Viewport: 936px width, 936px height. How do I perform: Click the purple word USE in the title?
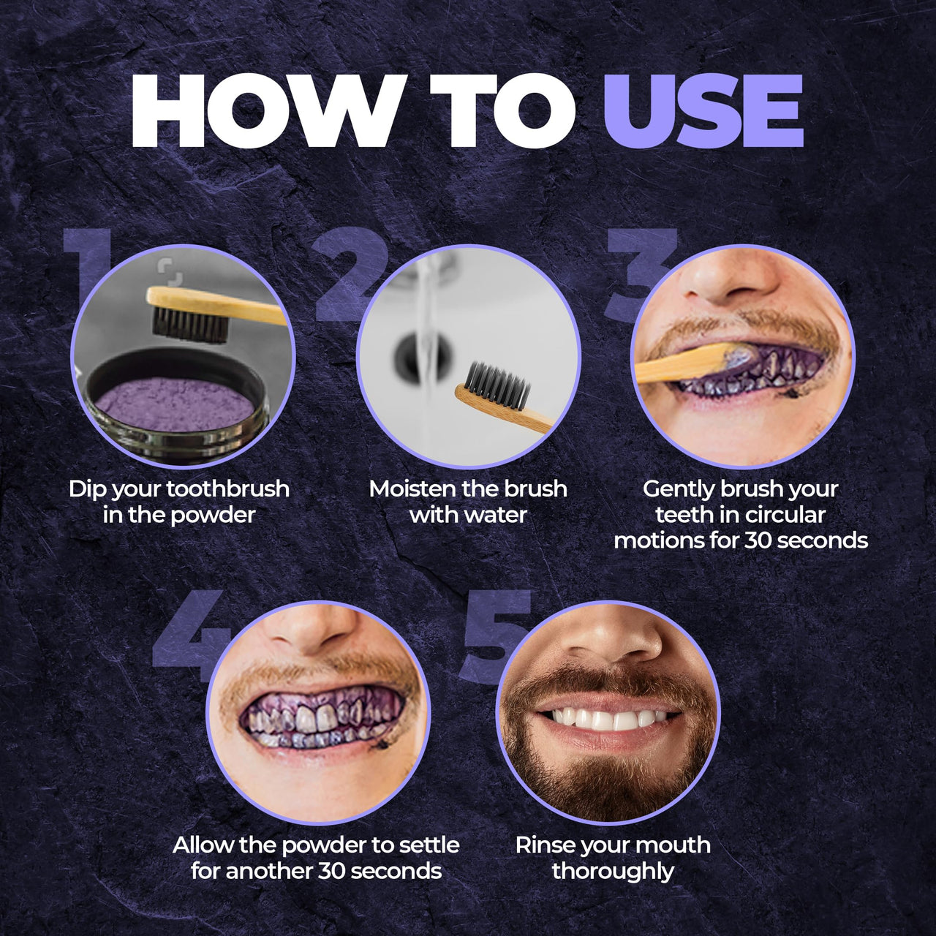click(703, 111)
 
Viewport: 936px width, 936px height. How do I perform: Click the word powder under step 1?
click(213, 515)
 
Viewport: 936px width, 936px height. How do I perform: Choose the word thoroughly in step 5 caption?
click(613, 871)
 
